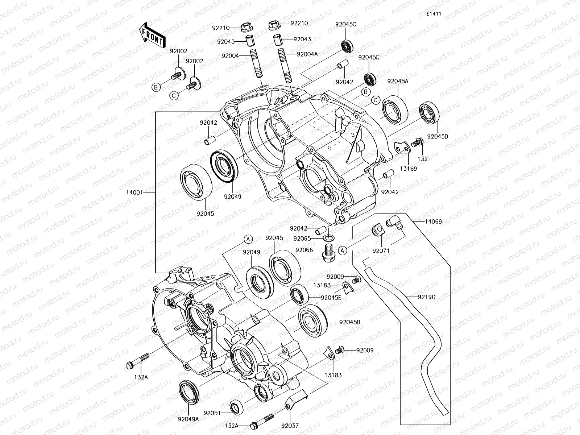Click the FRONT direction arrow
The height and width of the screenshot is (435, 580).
click(152, 35)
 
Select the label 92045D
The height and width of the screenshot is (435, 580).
click(438, 137)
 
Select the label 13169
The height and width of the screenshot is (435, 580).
click(409, 169)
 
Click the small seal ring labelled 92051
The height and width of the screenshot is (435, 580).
click(236, 407)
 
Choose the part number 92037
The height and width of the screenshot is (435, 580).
click(290, 426)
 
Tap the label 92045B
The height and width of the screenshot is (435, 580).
click(350, 322)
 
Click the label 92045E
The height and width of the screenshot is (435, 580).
click(331, 298)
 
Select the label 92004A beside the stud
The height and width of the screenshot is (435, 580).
click(307, 54)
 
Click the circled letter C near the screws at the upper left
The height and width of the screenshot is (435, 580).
click(174, 95)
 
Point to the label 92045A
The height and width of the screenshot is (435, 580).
click(398, 81)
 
